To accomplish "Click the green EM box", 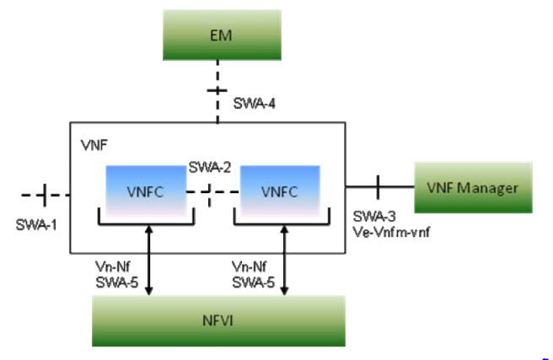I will pos(217,36).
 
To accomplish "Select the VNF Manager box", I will pos(475,187).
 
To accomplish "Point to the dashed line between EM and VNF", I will pos(218,91).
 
